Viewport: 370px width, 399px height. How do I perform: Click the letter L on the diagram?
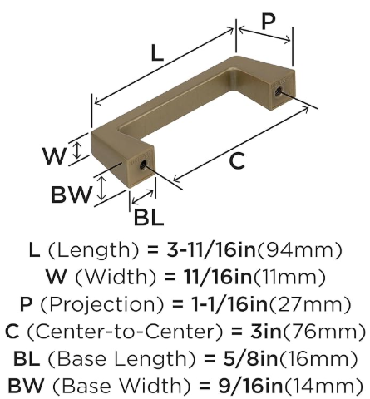(x=157, y=52)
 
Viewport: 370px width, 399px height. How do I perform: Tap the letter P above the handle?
(x=269, y=21)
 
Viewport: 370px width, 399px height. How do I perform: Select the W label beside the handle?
(x=55, y=155)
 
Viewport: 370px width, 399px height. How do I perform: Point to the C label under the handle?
(x=237, y=161)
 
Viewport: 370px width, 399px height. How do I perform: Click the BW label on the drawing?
(x=72, y=195)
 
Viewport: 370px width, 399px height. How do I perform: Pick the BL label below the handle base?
(x=149, y=217)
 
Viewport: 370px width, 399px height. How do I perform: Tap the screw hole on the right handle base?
(x=277, y=91)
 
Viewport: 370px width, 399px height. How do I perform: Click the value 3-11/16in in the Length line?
(x=211, y=249)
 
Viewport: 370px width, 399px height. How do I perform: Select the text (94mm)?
(x=299, y=250)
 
